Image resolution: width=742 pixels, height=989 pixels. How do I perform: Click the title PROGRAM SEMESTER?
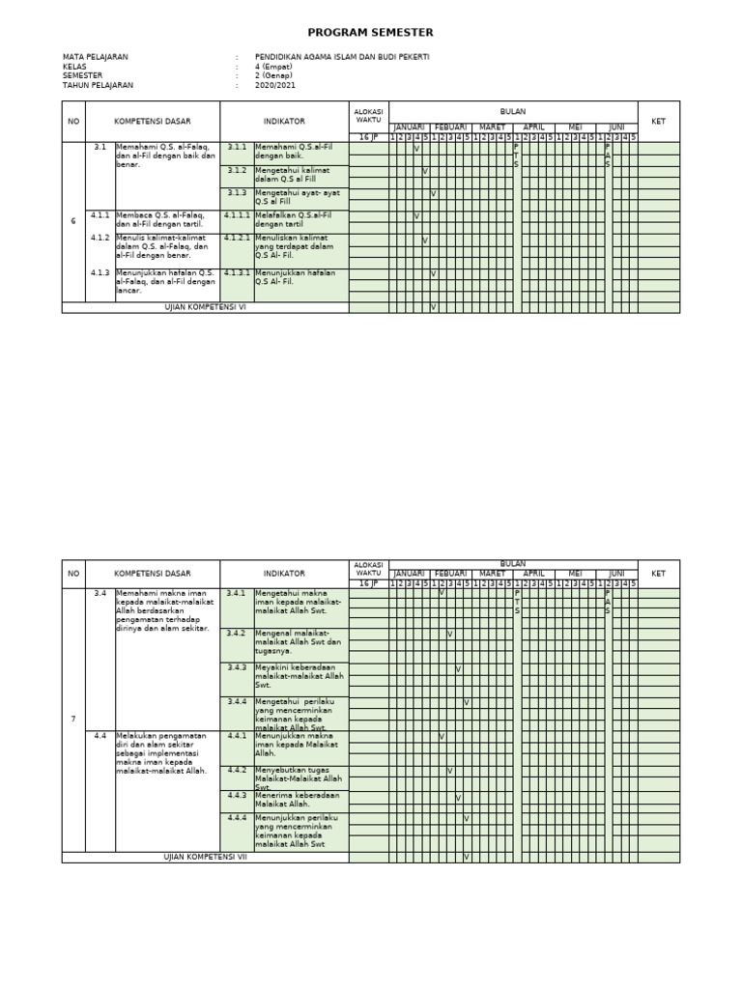tap(371, 32)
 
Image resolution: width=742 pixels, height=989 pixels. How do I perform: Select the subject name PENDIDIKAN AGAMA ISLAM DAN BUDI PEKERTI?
tap(342, 57)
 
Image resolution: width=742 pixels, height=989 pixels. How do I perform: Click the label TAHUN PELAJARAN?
tap(99, 85)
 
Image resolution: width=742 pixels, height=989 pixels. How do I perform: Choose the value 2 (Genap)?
tap(274, 75)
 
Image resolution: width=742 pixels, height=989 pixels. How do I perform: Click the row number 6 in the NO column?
tap(73, 221)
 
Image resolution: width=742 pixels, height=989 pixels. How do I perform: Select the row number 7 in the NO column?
tap(73, 720)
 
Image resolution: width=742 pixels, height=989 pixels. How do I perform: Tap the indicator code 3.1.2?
tap(237, 170)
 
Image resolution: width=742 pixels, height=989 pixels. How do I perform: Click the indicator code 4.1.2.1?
tap(238, 238)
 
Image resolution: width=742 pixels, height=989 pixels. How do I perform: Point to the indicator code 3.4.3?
tap(237, 667)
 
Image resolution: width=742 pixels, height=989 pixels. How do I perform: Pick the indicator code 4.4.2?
tap(237, 770)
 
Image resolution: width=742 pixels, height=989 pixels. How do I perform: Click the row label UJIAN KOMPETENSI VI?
tap(205, 307)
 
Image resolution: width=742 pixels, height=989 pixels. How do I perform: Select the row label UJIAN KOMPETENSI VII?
tap(205, 857)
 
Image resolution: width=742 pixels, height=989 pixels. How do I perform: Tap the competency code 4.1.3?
tap(100, 273)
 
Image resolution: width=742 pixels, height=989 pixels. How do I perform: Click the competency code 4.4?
tap(100, 735)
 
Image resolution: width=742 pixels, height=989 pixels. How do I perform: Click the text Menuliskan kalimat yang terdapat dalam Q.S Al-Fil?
tap(293, 246)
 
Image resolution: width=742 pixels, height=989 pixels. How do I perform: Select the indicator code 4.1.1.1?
tap(238, 215)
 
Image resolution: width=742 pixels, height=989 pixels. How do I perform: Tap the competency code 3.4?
tap(100, 593)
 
